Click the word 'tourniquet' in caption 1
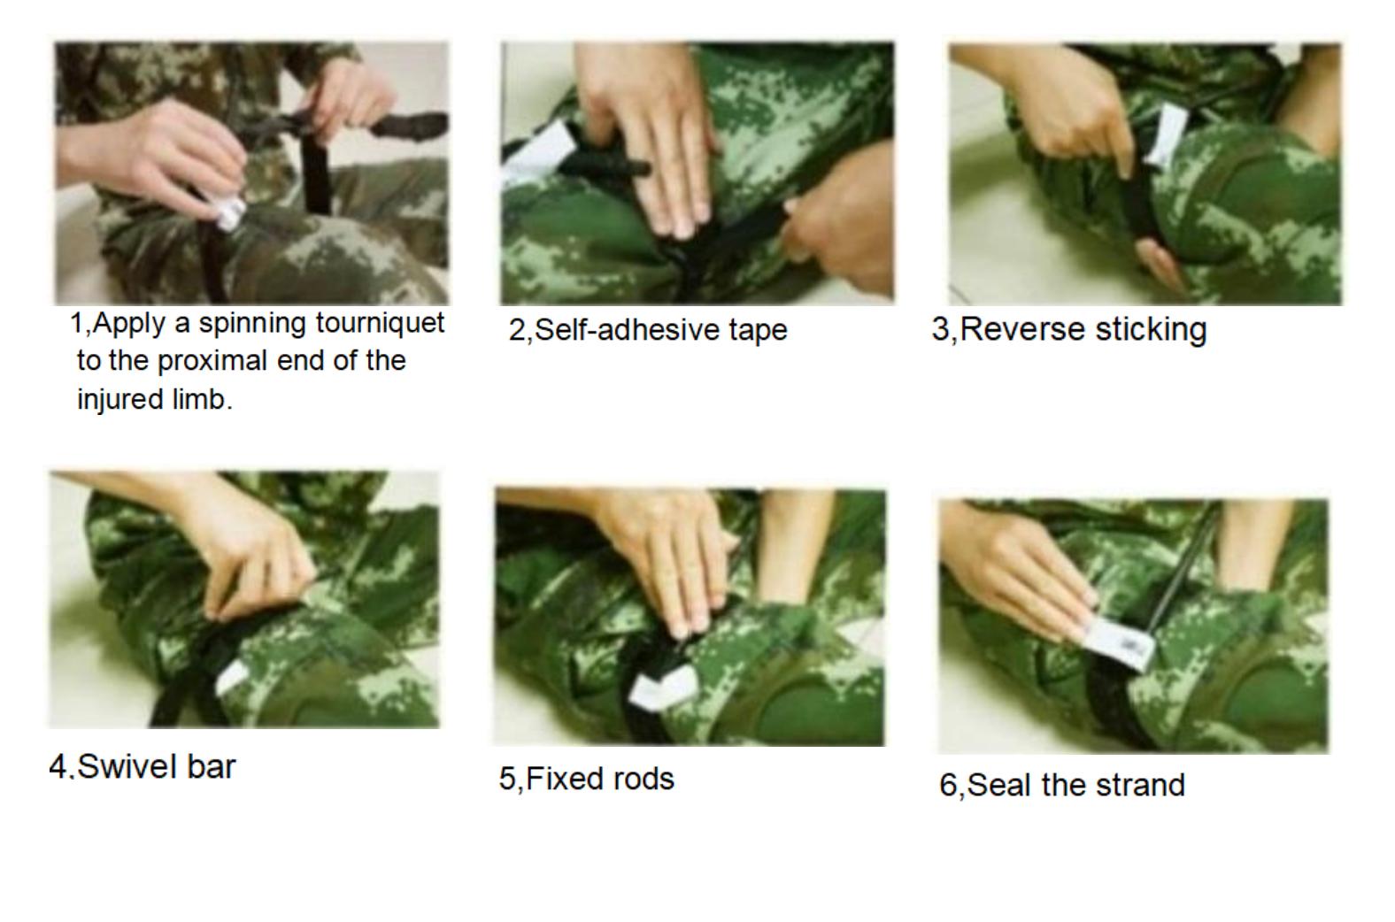[380, 324]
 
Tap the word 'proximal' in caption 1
[213, 362]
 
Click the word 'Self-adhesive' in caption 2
[627, 329]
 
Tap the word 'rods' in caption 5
[648, 779]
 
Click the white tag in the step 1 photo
[229, 212]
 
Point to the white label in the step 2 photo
[536, 152]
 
